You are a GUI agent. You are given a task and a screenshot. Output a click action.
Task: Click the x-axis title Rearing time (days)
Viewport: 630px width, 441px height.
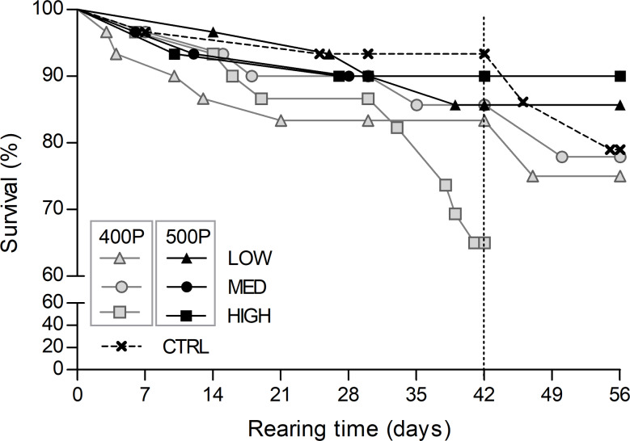pyautogui.click(x=349, y=424)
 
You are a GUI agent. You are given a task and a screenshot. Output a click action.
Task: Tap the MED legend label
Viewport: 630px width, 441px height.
pyautogui.click(x=248, y=288)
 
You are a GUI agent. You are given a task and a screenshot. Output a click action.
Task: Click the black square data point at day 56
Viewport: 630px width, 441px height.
pyautogui.click(x=619, y=76)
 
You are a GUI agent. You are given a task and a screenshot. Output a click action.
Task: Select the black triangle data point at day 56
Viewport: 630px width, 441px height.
pyautogui.click(x=619, y=105)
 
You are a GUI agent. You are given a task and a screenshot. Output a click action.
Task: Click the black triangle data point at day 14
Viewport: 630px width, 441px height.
pyautogui.click(x=213, y=32)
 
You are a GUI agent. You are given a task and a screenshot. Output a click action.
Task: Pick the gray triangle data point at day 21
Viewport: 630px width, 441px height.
pyautogui.click(x=281, y=120)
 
